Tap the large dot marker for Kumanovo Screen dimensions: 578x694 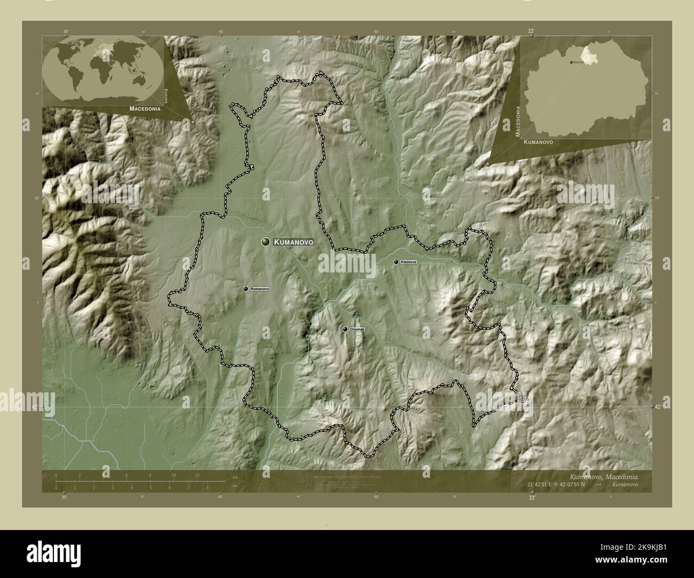[x=265, y=242]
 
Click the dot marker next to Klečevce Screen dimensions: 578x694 [x=396, y=262]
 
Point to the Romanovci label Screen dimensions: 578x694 [x=261, y=289]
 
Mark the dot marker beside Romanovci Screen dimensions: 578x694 [x=246, y=289]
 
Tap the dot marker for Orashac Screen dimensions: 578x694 [x=345, y=330]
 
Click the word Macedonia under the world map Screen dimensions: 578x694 [x=145, y=108]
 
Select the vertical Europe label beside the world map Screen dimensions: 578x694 [x=166, y=95]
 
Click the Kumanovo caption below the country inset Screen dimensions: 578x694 [x=538, y=143]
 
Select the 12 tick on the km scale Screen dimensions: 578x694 [x=197, y=475]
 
